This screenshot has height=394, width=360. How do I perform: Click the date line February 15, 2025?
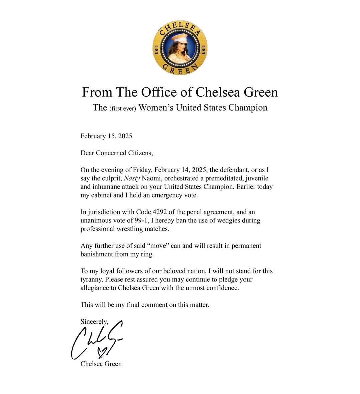pyautogui.click(x=106, y=136)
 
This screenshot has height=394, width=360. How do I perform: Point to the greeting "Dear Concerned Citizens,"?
pyautogui.click(x=117, y=153)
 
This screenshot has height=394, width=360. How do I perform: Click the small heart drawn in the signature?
pyautogui.click(x=102, y=351)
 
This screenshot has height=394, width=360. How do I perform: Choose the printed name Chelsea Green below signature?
pyautogui.click(x=101, y=364)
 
